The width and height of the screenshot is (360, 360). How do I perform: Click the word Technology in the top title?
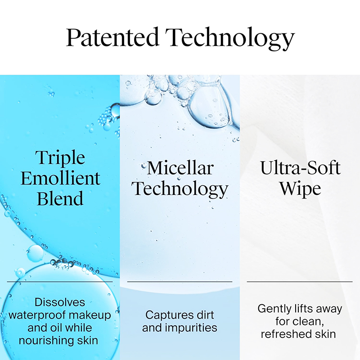click(x=233, y=38)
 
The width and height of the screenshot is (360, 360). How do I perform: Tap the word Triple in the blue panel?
click(x=60, y=158)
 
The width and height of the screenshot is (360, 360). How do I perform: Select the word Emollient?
click(x=60, y=178)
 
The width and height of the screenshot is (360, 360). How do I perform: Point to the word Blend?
click(x=60, y=198)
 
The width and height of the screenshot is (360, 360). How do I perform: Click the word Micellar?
click(x=180, y=168)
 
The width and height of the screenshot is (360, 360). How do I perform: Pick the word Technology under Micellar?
click(x=180, y=189)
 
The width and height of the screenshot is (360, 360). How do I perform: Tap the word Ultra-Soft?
click(x=300, y=168)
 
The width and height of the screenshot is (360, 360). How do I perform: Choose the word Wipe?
click(x=300, y=189)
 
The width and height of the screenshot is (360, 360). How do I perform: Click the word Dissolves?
click(x=60, y=302)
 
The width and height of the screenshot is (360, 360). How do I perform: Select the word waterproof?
click(x=37, y=315)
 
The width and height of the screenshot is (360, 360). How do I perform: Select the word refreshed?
click(x=288, y=334)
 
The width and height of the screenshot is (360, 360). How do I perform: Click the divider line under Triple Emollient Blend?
click(x=60, y=282)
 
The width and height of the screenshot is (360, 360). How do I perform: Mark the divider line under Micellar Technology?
click(x=180, y=282)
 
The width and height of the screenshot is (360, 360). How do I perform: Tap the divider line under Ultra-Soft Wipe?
click(x=300, y=282)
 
